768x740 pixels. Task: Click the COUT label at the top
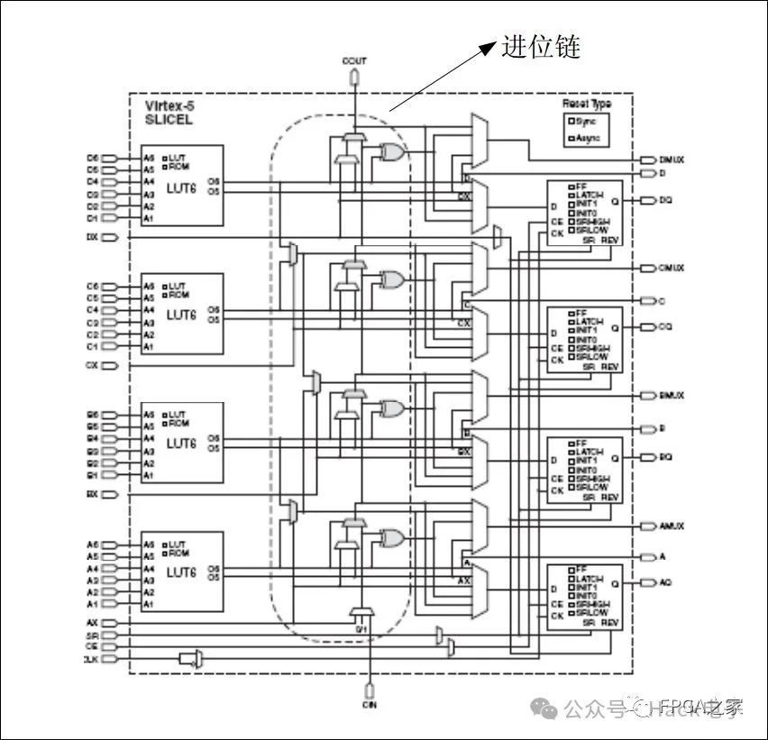[x=354, y=60]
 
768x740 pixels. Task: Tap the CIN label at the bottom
[x=370, y=704]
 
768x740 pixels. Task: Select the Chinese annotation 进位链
[x=541, y=48]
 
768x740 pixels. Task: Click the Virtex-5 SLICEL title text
[x=169, y=113]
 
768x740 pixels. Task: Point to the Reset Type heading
[x=587, y=105]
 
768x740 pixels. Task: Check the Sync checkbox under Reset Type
[x=570, y=121]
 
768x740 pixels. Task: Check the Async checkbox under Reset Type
[x=570, y=139]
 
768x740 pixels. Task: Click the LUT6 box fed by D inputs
[x=181, y=186]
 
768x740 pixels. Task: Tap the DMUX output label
[x=672, y=159]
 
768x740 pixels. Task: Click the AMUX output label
[x=672, y=525]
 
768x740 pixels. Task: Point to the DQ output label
[x=665, y=199]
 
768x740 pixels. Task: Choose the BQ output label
[x=665, y=457]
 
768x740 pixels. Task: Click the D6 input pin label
[x=92, y=157]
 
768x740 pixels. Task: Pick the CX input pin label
[x=92, y=366]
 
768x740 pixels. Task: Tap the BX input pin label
[x=92, y=495]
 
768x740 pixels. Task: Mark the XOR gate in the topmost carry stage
[x=392, y=152]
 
